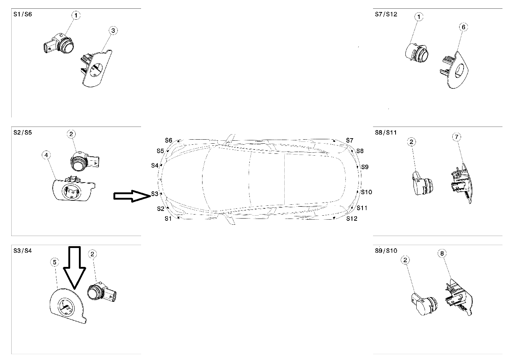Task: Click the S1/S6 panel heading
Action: (x=23, y=15)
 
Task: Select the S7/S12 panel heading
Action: (x=386, y=15)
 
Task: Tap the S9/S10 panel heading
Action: (x=386, y=251)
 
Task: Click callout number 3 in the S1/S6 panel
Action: (x=113, y=31)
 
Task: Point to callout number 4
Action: (x=46, y=155)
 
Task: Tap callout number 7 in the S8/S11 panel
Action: (x=457, y=137)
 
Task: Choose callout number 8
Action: (x=442, y=253)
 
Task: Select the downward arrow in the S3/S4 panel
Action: (x=75, y=267)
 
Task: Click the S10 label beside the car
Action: (x=366, y=192)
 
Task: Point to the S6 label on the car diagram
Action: (x=168, y=140)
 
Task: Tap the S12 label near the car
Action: (x=352, y=219)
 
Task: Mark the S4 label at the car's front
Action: (x=155, y=165)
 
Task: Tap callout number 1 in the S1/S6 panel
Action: (x=76, y=15)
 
